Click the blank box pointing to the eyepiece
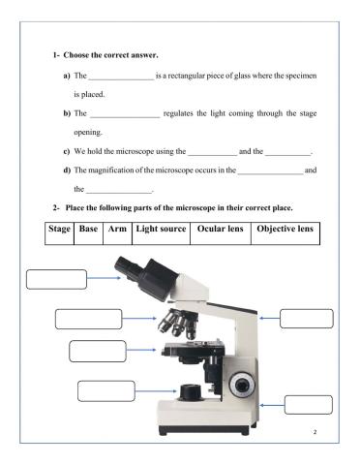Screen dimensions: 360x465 [55, 279]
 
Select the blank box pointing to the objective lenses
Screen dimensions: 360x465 [87, 319]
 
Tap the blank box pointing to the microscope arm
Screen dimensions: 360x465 [306, 319]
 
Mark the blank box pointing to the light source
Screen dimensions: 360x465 [105, 391]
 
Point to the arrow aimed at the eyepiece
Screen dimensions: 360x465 [104, 278]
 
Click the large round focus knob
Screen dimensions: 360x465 [243, 383]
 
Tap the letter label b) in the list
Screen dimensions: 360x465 [66, 113]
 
